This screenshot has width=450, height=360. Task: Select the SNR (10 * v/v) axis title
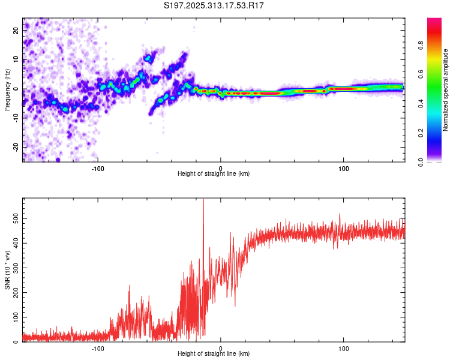(7, 271)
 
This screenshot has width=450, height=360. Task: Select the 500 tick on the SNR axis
(14, 220)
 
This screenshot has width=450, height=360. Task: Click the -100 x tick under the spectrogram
(98, 167)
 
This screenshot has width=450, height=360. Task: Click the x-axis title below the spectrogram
(214, 174)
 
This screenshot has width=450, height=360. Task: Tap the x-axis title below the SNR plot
(214, 354)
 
